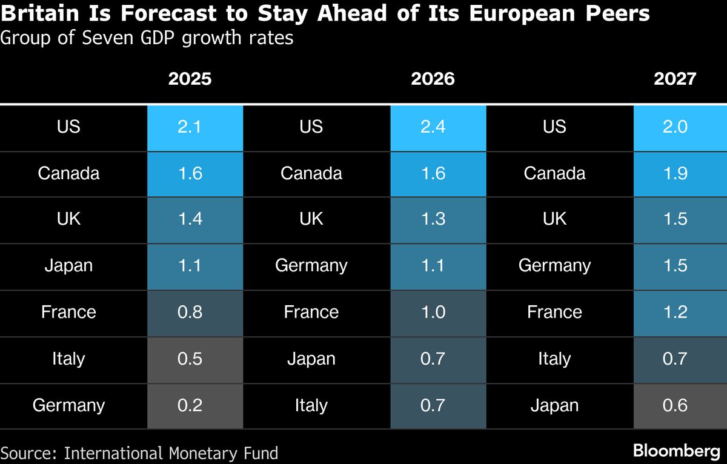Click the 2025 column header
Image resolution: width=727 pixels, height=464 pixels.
190,79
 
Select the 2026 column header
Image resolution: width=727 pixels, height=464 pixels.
433,79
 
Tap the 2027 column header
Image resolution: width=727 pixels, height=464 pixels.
676,79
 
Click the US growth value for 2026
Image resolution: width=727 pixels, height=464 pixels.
433,127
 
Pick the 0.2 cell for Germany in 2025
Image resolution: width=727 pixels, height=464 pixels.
190,405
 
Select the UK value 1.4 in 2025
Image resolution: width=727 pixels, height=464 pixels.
190,219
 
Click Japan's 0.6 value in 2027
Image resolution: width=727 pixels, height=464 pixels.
676,405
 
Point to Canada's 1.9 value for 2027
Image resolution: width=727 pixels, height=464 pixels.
676,173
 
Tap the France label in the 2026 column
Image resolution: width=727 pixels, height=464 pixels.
311,312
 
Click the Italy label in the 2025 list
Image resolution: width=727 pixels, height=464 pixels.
68,359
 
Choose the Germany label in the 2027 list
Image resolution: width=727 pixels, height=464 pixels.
554,265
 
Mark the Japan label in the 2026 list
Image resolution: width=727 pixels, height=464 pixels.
311,359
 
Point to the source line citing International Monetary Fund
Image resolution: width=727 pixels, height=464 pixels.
140,452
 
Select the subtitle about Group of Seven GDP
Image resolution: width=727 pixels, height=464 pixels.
147,38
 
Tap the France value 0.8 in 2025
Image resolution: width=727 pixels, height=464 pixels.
190,312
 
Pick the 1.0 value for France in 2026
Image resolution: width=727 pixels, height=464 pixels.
433,312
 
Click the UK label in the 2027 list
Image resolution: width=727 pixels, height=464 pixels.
554,219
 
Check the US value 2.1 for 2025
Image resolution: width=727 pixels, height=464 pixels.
190,127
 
